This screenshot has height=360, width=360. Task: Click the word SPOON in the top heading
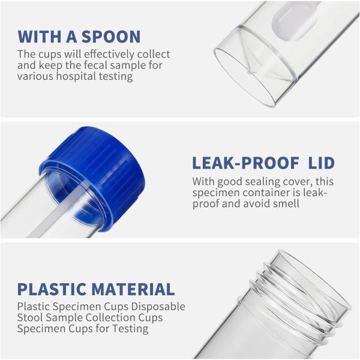111,37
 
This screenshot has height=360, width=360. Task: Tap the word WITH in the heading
39,37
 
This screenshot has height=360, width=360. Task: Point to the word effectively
109,54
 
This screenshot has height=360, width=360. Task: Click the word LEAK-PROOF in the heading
245,163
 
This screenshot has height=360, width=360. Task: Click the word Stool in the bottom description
30,318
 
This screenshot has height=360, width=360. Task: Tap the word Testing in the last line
130,329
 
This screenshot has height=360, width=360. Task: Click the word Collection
110,318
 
